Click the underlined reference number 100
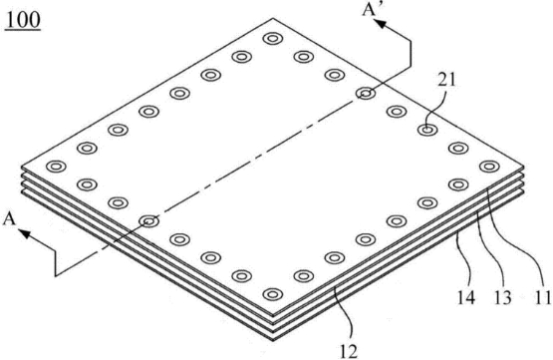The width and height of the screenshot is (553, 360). pos(23,21)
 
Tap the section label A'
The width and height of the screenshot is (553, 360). pos(371,9)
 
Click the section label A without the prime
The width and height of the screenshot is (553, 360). pos(10,219)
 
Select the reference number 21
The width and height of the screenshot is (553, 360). pos(446,81)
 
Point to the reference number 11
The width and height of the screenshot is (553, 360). pos(543,297)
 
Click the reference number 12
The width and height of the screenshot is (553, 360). pos(349,351)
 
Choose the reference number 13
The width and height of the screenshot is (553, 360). pos(502,298)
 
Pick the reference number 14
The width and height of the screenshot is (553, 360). pos(466,298)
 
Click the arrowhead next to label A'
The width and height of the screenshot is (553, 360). pos(381,24)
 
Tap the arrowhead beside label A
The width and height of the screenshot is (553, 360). pos(24,233)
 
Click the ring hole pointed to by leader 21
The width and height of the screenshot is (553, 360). pos(427,130)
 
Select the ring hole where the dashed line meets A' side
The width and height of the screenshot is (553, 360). pos(366,94)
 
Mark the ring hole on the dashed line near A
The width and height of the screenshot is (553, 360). pos(149,221)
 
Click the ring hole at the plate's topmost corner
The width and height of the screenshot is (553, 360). pos(272,38)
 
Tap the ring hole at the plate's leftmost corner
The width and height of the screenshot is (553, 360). pos(56,167)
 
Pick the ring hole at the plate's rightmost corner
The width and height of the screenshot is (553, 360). pos(489,167)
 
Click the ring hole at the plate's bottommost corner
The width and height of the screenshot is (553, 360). pos(272,294)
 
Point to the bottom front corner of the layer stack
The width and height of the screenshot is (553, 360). pos(274,341)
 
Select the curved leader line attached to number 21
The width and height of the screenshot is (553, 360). pos(434,110)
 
